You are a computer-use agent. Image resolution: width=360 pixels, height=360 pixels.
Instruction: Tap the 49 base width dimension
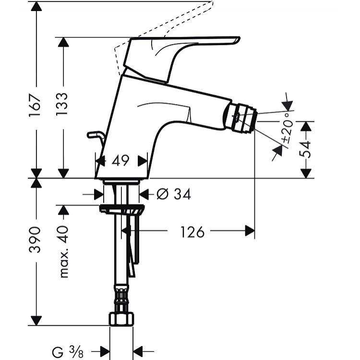(x=120, y=161)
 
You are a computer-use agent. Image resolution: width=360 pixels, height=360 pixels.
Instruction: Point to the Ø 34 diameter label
(x=173, y=194)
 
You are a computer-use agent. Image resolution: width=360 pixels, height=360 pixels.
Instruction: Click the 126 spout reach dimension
(x=192, y=232)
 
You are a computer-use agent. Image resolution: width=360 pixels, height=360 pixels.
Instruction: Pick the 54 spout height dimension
(x=306, y=149)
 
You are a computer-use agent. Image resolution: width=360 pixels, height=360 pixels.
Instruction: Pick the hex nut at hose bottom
(x=121, y=319)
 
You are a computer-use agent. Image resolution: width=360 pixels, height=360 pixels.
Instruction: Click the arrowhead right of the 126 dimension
(x=249, y=231)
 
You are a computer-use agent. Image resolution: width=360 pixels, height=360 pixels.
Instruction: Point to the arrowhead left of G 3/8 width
(x=104, y=351)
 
